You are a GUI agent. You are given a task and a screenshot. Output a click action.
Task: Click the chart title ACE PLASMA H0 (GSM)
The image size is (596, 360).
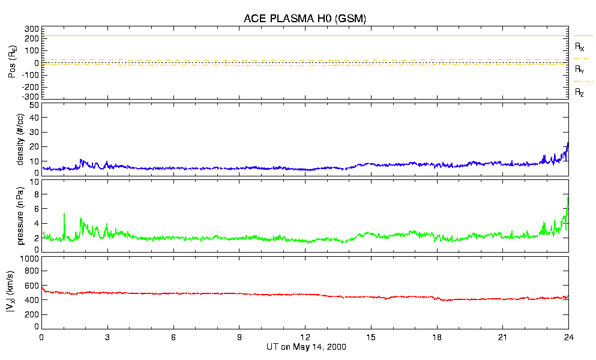(x=304, y=19)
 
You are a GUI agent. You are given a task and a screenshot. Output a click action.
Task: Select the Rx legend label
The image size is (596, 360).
(x=580, y=46)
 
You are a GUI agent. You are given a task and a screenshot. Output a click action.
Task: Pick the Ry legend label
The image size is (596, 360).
(x=580, y=70)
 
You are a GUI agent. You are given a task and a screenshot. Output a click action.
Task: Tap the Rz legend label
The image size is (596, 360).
(x=580, y=92)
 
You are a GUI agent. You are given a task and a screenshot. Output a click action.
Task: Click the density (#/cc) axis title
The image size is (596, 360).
(x=20, y=139)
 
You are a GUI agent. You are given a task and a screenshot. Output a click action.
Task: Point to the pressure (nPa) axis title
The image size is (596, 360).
(x=20, y=217)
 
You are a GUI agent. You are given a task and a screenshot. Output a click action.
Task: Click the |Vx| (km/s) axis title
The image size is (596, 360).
(x=20, y=293)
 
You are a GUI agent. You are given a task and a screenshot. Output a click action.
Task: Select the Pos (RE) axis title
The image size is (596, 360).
(x=20, y=62)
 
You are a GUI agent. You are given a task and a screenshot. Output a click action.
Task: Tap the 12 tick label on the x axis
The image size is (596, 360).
(x=305, y=337)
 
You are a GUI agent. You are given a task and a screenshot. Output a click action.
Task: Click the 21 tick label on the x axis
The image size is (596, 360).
(x=502, y=337)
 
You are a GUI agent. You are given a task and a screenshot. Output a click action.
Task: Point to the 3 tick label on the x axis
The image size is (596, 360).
(x=107, y=337)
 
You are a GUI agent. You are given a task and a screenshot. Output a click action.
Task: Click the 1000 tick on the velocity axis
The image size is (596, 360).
(x=30, y=259)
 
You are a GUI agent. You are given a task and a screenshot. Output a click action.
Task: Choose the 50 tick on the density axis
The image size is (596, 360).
(x=34, y=105)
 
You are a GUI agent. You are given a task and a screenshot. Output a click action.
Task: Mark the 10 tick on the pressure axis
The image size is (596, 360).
(x=34, y=182)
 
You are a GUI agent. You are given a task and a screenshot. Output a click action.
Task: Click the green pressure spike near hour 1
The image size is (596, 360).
(x=64, y=214)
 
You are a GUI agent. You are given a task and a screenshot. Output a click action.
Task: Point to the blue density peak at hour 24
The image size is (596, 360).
(x=568, y=143)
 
